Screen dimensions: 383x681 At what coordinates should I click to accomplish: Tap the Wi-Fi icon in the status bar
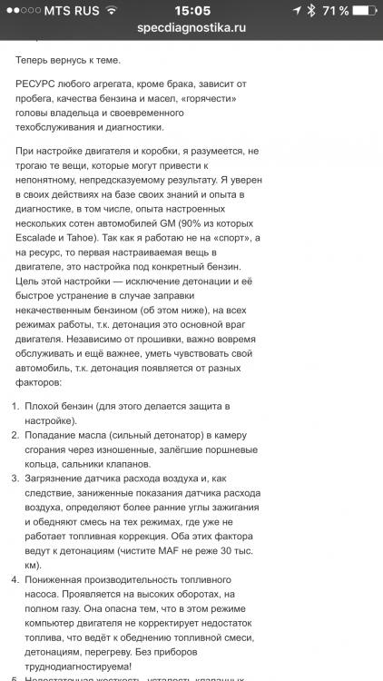tap(111, 11)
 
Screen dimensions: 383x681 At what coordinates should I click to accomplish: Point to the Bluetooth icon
tap(310, 11)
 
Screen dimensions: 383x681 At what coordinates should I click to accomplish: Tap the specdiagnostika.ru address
tap(191, 28)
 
